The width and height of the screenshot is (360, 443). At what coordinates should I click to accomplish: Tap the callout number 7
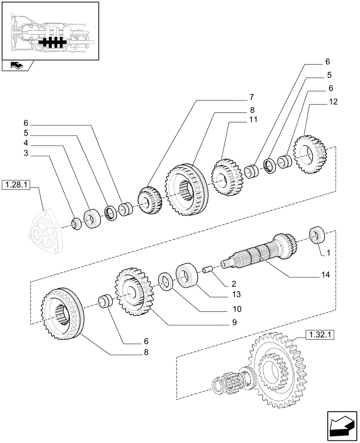(x=251, y=97)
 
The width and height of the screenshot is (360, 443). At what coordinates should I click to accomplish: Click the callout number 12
(x=333, y=101)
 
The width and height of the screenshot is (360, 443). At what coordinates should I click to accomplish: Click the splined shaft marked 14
(x=257, y=255)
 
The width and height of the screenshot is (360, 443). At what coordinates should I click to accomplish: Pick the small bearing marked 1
(x=317, y=235)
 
